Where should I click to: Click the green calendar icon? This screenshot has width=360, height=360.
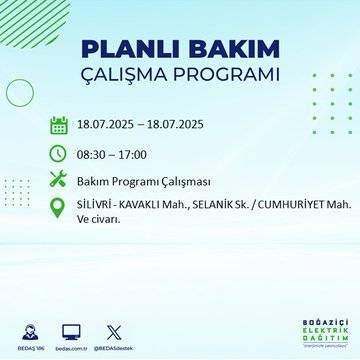coord(59,125)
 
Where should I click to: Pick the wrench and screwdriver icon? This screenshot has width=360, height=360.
coord(59,180)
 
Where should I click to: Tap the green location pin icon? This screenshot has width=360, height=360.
coord(59,208)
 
